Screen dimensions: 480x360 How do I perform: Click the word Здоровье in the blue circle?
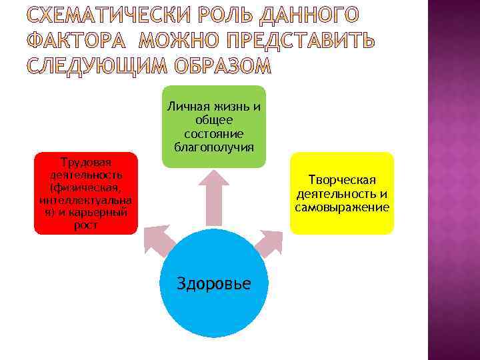click(213, 283)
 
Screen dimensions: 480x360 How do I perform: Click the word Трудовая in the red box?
click(85, 162)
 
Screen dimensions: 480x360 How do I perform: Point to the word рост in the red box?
click(85, 225)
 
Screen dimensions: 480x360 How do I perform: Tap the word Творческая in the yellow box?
click(342, 180)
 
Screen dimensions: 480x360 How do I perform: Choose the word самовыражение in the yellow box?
click(342, 207)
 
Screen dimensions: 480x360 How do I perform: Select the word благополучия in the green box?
click(213, 147)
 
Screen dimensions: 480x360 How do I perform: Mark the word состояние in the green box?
click(213, 133)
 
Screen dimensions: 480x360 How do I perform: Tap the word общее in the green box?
click(213, 120)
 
